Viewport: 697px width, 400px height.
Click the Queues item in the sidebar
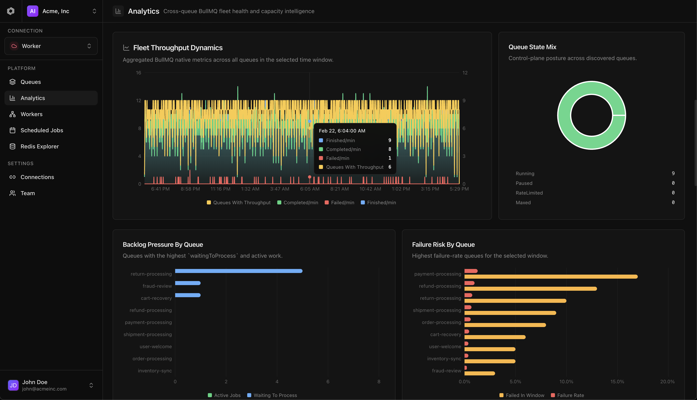tap(30, 82)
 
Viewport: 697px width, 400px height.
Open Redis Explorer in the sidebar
tap(40, 146)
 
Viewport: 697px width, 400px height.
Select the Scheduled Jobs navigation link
tap(42, 130)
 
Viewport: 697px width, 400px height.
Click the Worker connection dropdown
tap(51, 46)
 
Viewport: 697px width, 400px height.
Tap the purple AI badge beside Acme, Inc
tap(32, 11)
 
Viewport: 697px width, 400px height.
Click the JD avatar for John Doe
tap(13, 385)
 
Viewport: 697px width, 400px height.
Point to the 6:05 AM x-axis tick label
tap(310, 189)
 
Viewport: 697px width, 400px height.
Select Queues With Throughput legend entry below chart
tap(239, 202)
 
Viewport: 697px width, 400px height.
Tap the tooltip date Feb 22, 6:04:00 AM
tap(342, 131)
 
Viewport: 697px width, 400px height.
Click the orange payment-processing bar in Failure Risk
tap(551, 277)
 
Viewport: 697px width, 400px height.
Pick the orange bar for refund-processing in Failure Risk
tap(530, 289)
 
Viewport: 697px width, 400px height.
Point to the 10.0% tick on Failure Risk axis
tap(566, 382)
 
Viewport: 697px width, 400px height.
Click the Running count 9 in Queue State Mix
tap(673, 173)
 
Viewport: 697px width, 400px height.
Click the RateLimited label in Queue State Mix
tap(529, 193)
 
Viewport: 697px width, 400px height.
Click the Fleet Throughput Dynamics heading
tap(178, 48)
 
